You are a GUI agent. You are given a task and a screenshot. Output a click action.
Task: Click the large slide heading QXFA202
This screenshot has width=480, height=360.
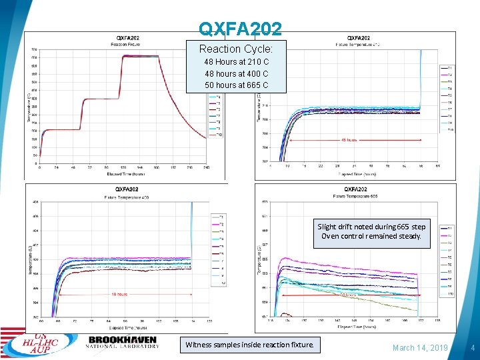240,29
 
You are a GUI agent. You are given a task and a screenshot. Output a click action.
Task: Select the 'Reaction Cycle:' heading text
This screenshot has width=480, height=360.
241,49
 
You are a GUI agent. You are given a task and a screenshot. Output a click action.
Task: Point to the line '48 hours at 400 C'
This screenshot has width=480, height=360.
237,73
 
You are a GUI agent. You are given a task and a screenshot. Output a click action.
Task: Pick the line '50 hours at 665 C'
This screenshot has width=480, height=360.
237,85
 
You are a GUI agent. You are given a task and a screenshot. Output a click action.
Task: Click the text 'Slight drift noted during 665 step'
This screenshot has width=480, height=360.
371,227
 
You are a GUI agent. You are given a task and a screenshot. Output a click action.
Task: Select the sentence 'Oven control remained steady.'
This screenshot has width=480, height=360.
371,237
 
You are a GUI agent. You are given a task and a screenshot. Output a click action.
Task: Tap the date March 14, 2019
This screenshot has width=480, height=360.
420,347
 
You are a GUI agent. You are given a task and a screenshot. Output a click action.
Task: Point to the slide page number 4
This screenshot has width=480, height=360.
472,347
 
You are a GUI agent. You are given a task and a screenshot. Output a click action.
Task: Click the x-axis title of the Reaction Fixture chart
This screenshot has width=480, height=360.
127,174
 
